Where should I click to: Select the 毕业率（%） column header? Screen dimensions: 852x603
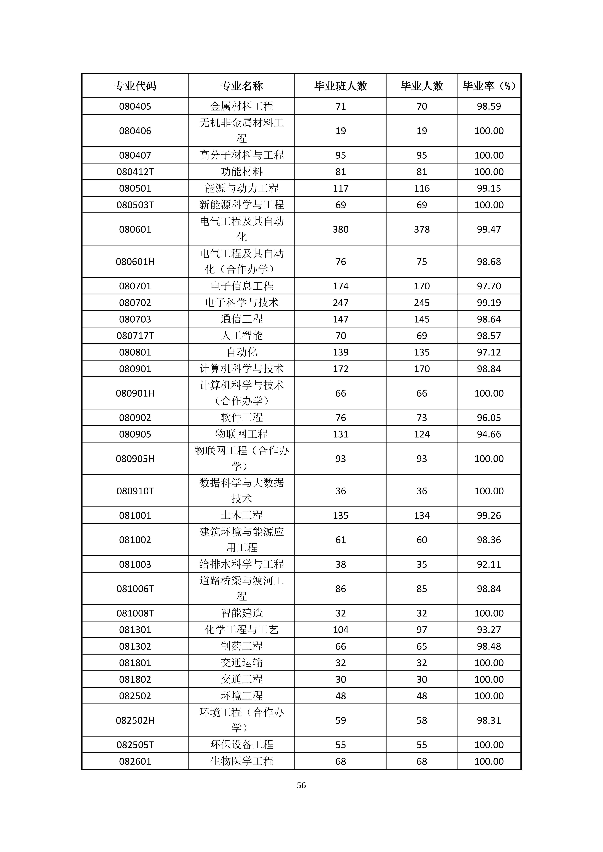point(489,86)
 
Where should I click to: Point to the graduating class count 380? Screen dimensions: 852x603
point(340,229)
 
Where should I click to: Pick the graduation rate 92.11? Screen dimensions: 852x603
point(489,564)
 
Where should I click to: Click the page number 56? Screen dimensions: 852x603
point(301,785)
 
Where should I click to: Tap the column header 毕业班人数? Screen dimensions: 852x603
point(340,86)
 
